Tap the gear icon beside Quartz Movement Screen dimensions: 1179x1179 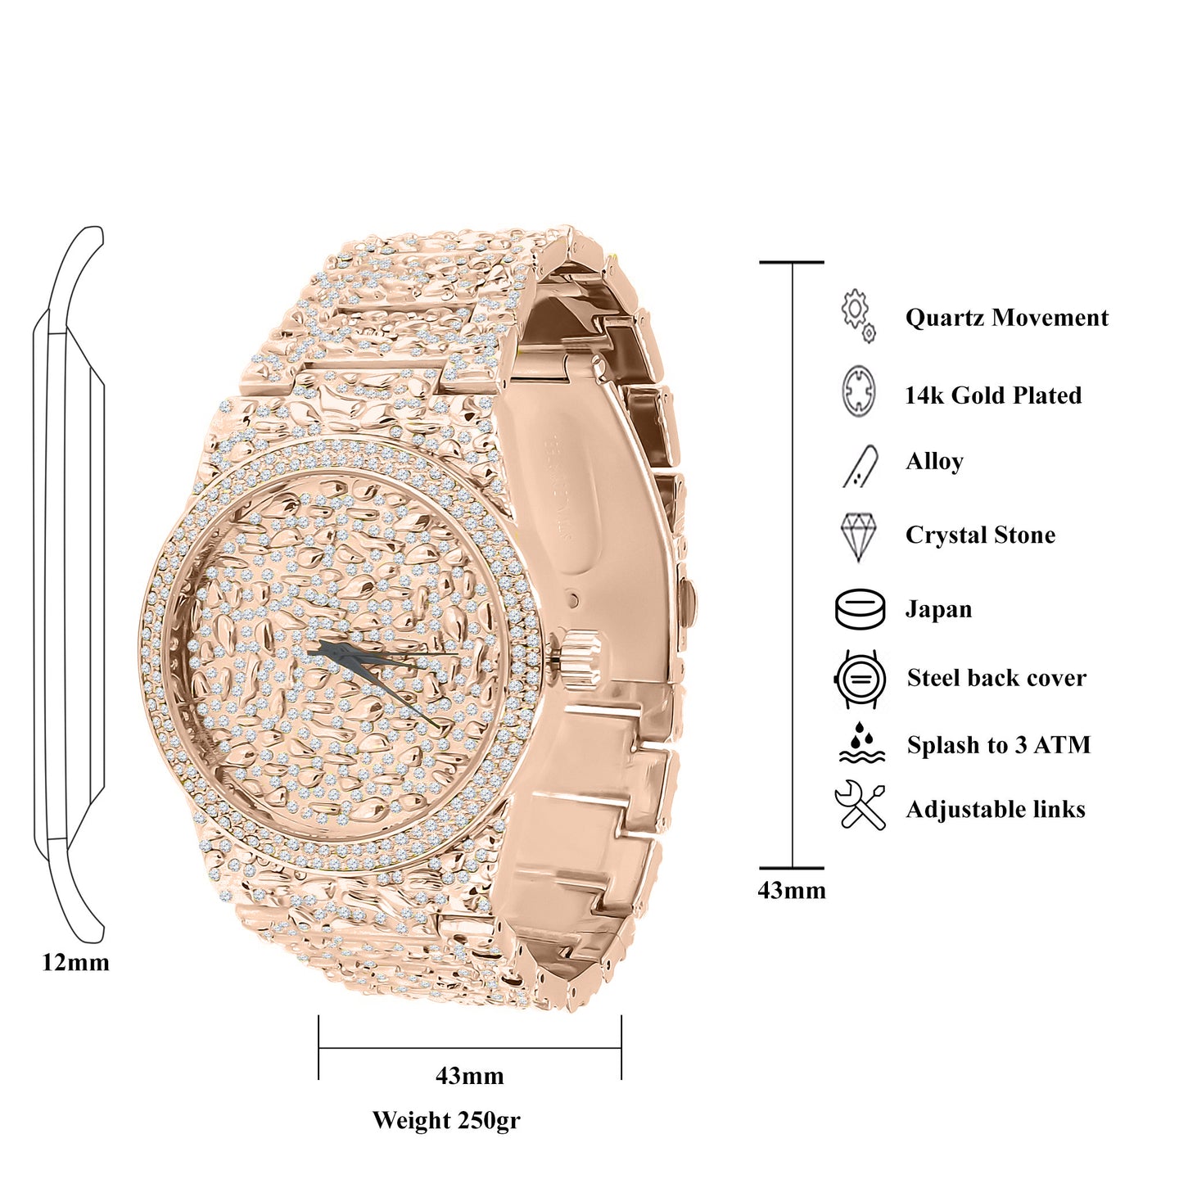[858, 315]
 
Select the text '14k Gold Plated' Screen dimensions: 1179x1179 [992, 395]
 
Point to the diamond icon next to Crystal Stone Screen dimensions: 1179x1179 [858, 536]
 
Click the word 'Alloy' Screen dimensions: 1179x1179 [934, 462]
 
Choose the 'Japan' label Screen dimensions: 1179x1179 [938, 609]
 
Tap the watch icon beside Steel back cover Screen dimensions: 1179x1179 [860, 679]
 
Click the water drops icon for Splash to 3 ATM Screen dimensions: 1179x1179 [861, 743]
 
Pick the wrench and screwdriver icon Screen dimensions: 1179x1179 [860, 806]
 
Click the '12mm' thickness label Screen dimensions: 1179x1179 [75, 962]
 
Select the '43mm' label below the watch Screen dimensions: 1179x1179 [469, 1075]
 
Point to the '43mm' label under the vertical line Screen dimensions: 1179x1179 [791, 890]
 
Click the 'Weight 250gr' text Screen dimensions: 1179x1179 [446, 1120]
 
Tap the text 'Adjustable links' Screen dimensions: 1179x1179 [996, 810]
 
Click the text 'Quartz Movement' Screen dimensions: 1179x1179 [1006, 318]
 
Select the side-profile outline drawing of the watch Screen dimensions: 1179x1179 [70, 585]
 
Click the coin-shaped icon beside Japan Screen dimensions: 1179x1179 [860, 609]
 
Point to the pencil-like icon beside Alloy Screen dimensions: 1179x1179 [861, 466]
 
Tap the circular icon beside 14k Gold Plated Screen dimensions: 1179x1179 [859, 391]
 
